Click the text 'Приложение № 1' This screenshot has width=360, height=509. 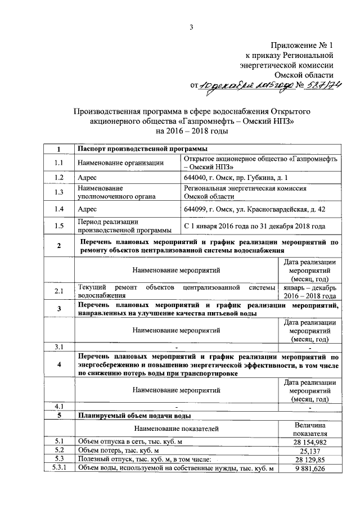(303, 45)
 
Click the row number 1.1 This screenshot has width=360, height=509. (59, 163)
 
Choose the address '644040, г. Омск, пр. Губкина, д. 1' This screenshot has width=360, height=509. (231, 177)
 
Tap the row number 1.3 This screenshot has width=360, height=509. (59, 193)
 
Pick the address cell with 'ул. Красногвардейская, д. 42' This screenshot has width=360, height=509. (254, 210)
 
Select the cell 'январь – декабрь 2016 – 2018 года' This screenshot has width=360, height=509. (309, 291)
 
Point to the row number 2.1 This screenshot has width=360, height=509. (59, 291)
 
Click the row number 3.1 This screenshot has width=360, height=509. (59, 346)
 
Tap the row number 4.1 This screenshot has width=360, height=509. (59, 406)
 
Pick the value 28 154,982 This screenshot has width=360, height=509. (310, 442)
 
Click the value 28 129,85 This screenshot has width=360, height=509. (310, 460)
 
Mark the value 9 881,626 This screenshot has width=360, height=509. (310, 469)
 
